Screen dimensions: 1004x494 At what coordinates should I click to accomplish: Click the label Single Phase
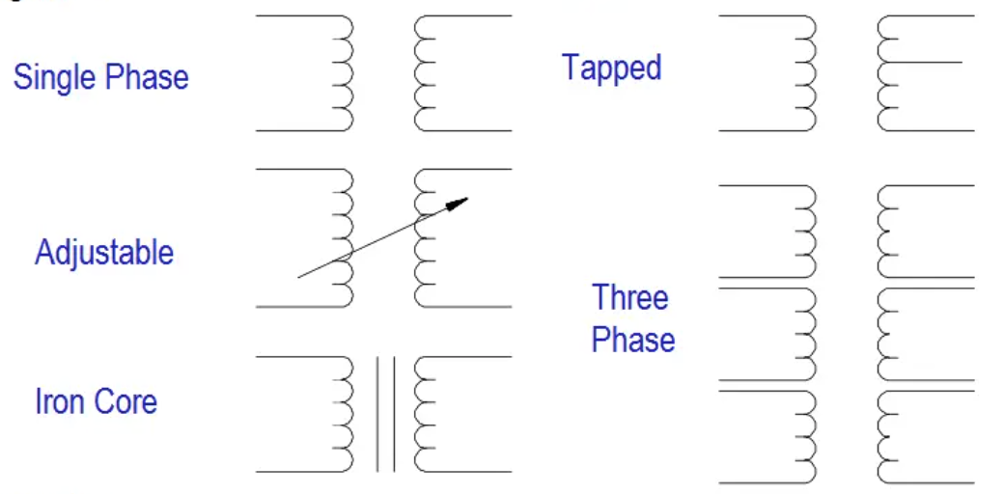pos(101,77)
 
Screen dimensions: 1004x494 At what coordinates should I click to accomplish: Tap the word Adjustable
pos(104,252)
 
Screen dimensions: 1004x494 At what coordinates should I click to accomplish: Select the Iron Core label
pos(96,401)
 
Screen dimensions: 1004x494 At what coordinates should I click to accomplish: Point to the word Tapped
pos(611,68)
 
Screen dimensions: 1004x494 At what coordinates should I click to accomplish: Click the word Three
pos(630,297)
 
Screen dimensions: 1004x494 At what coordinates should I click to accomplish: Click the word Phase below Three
pos(633,340)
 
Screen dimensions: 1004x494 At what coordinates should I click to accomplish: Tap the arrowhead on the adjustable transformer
pos(457,204)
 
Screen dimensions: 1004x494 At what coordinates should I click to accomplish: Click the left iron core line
pos(377,414)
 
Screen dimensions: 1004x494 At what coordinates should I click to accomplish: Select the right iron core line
pos(394,414)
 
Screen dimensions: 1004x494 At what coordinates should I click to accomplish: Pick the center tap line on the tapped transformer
pos(920,63)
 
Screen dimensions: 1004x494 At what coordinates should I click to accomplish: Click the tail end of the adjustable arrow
pos(298,277)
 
